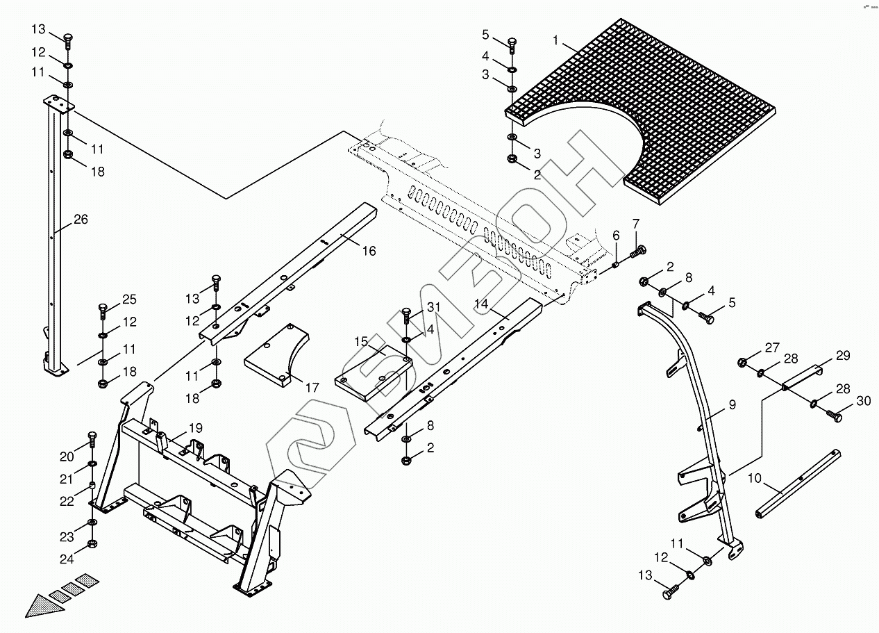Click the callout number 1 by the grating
[555, 41]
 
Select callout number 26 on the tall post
[81, 220]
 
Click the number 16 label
[369, 251]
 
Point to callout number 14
[482, 304]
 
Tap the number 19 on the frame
[195, 429]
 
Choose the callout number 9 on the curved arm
[732, 404]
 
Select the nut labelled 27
[742, 361]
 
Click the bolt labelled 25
[103, 307]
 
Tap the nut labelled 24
[92, 543]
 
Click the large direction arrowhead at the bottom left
[43, 604]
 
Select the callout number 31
[433, 307]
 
